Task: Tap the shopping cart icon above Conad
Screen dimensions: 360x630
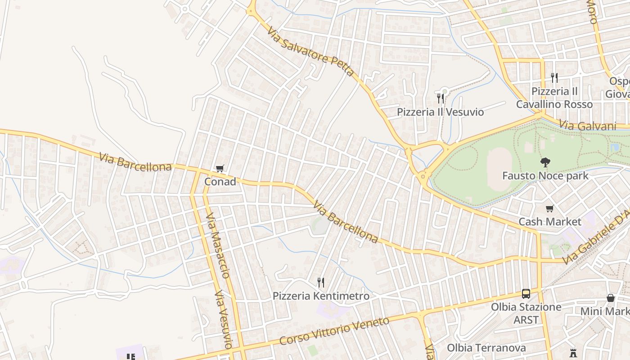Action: (x=220, y=169)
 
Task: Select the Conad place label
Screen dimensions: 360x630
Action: (x=220, y=182)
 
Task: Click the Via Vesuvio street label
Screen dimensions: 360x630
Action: (x=222, y=319)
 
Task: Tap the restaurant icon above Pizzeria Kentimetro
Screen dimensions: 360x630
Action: (x=321, y=283)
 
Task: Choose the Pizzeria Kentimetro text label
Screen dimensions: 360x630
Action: (x=321, y=296)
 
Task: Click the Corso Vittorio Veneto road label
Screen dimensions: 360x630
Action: (x=334, y=331)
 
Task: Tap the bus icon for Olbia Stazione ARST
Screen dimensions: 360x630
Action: (x=526, y=294)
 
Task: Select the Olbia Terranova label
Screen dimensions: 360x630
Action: (x=486, y=348)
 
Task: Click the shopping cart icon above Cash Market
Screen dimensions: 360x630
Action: (x=549, y=208)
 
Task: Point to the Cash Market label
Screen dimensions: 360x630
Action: (x=550, y=222)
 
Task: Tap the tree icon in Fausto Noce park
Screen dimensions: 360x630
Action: (x=545, y=162)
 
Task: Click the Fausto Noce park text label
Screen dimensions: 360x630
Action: (x=545, y=175)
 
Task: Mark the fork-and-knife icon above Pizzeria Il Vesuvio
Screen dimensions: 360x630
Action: (x=441, y=98)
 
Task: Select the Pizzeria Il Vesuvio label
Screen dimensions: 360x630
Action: (x=440, y=112)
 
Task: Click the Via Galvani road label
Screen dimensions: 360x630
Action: (x=587, y=126)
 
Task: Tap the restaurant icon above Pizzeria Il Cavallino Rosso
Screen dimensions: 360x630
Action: (x=554, y=78)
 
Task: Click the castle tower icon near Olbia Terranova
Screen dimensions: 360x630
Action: (x=573, y=353)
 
